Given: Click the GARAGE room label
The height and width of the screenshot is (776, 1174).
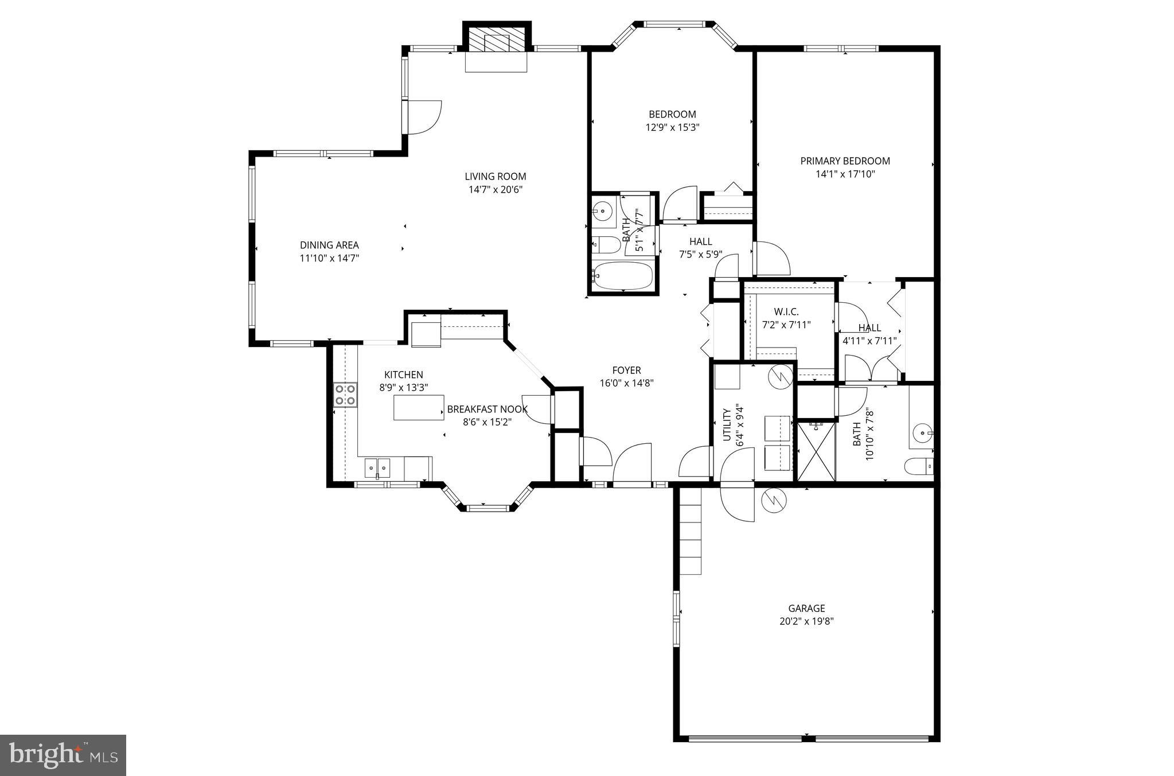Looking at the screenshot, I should pyautogui.click(x=806, y=609).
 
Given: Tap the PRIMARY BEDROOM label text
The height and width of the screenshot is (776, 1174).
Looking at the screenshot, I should pyautogui.click(x=845, y=161).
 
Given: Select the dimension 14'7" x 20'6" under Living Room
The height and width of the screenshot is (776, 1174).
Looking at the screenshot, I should pyautogui.click(x=495, y=190).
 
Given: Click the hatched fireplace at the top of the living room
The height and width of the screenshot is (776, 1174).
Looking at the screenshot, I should pyautogui.click(x=497, y=40).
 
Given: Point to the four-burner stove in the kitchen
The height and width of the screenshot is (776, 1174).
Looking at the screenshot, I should pyautogui.click(x=345, y=395).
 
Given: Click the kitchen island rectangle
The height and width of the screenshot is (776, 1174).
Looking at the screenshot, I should pyautogui.click(x=419, y=407).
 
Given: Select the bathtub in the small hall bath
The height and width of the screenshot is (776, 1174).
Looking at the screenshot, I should pyautogui.click(x=623, y=276).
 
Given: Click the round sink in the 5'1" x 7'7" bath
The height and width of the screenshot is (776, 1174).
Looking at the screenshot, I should pyautogui.click(x=602, y=212).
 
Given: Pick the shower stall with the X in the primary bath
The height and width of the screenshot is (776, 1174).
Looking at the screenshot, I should pyautogui.click(x=816, y=451).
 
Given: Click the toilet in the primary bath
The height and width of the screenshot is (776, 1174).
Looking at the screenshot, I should pyautogui.click(x=920, y=466).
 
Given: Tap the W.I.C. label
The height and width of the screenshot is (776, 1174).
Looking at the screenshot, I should pyautogui.click(x=786, y=311).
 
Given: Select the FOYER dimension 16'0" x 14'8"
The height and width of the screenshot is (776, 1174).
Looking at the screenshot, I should pyautogui.click(x=626, y=384).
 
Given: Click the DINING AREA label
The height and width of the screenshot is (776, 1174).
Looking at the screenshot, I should pyautogui.click(x=329, y=245).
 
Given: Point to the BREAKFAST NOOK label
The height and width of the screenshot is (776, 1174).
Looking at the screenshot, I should pyautogui.click(x=487, y=409).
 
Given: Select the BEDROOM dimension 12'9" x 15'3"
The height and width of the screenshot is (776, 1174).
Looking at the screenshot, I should pyautogui.click(x=672, y=127).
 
